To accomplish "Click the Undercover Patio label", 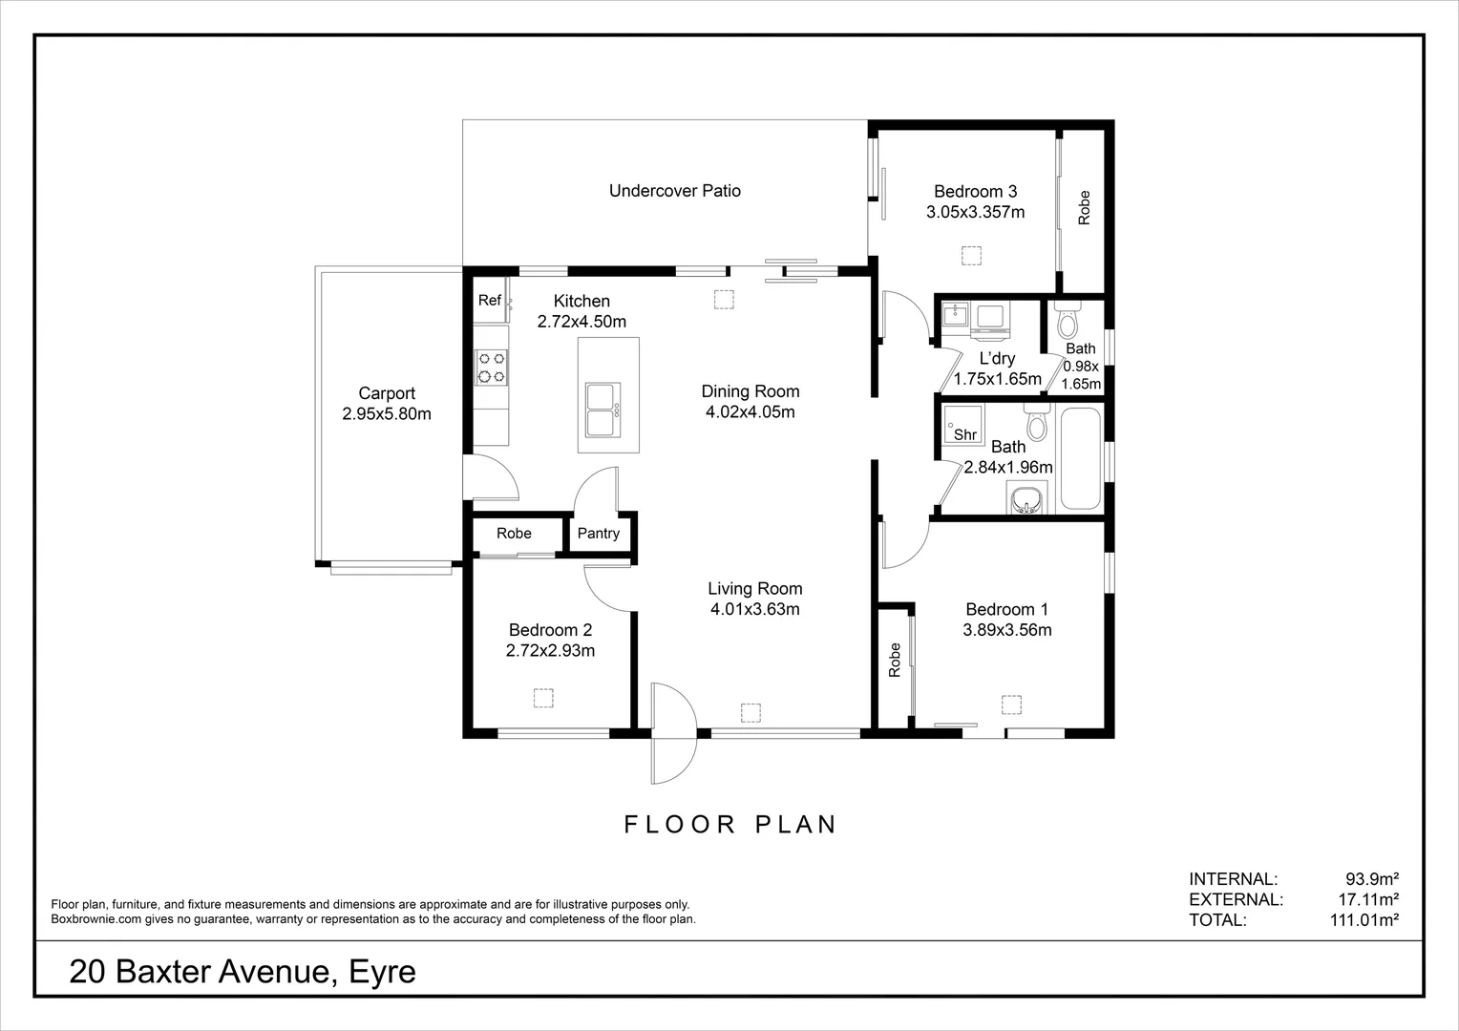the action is pyautogui.click(x=675, y=191).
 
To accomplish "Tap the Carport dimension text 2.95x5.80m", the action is pyautogui.click(x=387, y=413).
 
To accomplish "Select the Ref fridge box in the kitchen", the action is pyautogui.click(x=491, y=301).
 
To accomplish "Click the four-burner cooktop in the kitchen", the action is pyautogui.click(x=491, y=368).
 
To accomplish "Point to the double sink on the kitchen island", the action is pyautogui.click(x=603, y=410).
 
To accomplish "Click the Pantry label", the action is pyautogui.click(x=598, y=534).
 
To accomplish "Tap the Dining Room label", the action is pyautogui.click(x=751, y=391).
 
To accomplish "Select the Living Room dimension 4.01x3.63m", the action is pyautogui.click(x=755, y=609).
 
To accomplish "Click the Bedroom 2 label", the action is pyautogui.click(x=550, y=630).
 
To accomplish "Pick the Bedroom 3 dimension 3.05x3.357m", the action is pyautogui.click(x=976, y=212).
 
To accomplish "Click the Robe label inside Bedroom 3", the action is pyautogui.click(x=1084, y=208).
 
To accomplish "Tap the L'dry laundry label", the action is pyautogui.click(x=997, y=358).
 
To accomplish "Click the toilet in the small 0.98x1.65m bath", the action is pyautogui.click(x=1068, y=318).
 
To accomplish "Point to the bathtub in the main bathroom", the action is pyautogui.click(x=1081, y=458).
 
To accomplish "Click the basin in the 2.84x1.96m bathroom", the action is pyautogui.click(x=1026, y=498).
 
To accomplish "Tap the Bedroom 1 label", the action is pyautogui.click(x=1007, y=609).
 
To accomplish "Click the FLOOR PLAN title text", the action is pyautogui.click(x=730, y=825).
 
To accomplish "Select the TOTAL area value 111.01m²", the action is pyautogui.click(x=1364, y=919).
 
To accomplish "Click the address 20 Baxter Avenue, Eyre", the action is pyautogui.click(x=243, y=972).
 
